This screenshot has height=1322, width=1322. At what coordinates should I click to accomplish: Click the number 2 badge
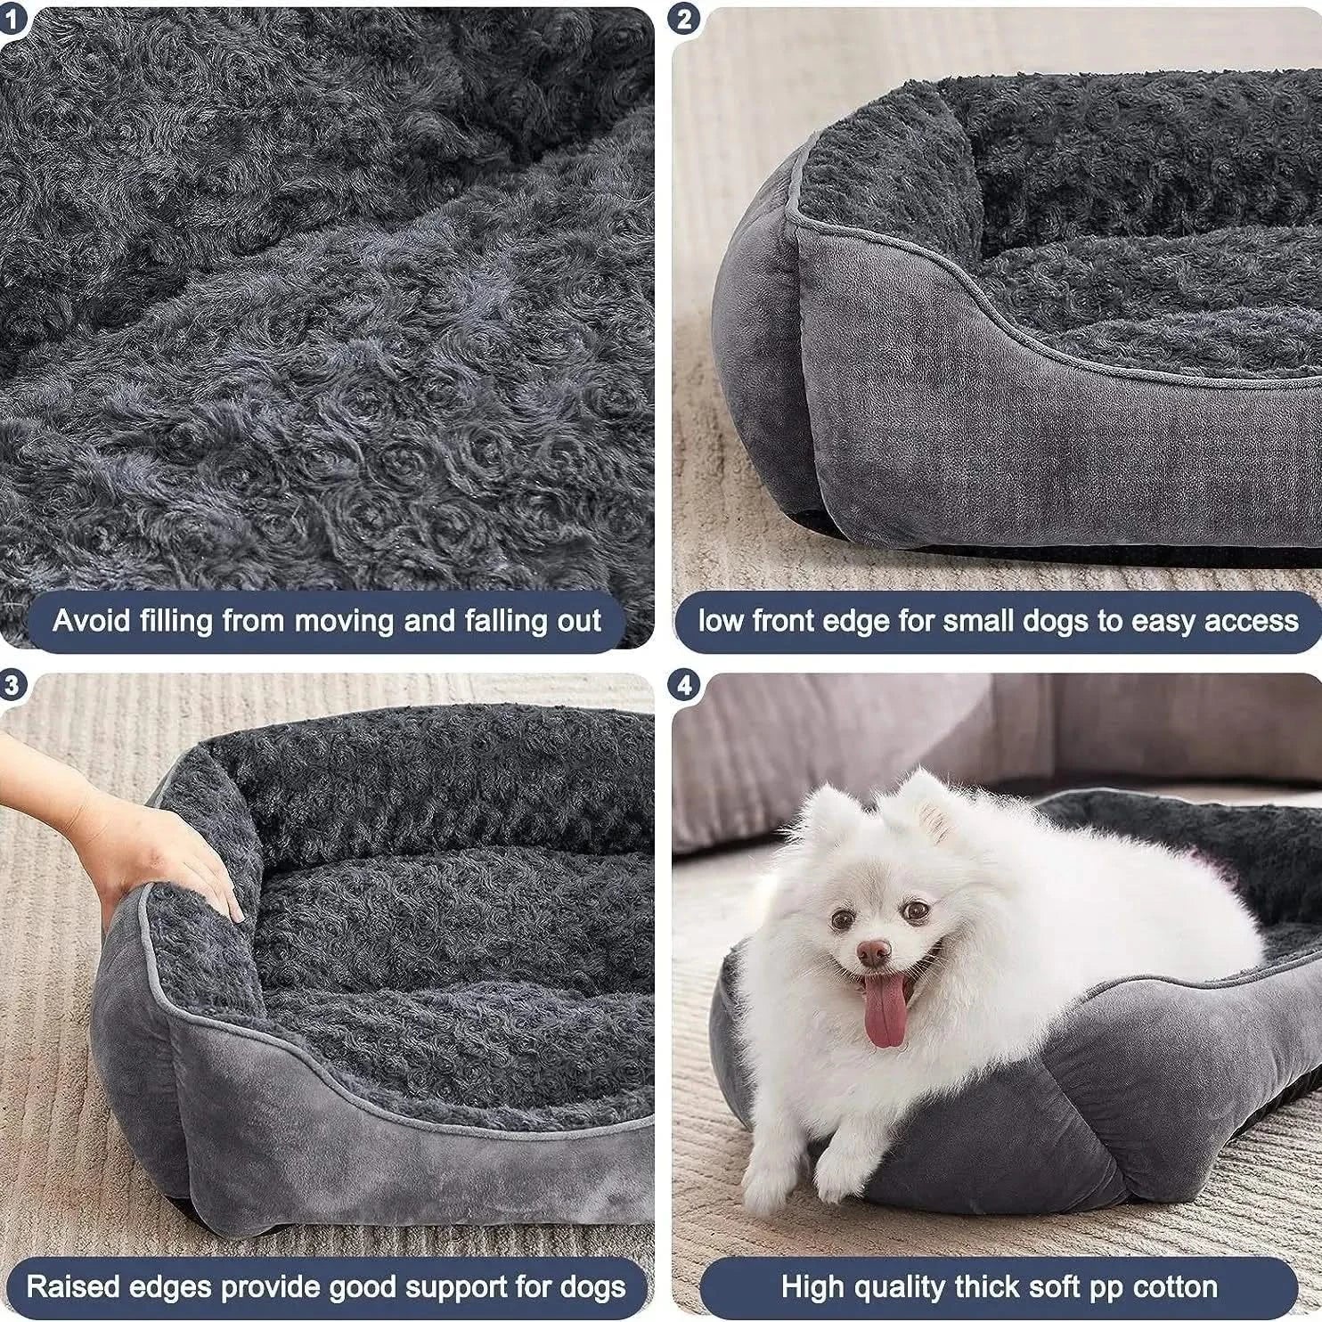pyautogui.click(x=683, y=19)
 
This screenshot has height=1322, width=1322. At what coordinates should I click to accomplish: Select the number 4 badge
pyautogui.click(x=683, y=685)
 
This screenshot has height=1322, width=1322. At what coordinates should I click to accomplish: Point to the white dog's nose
pyautogui.click(x=874, y=952)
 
